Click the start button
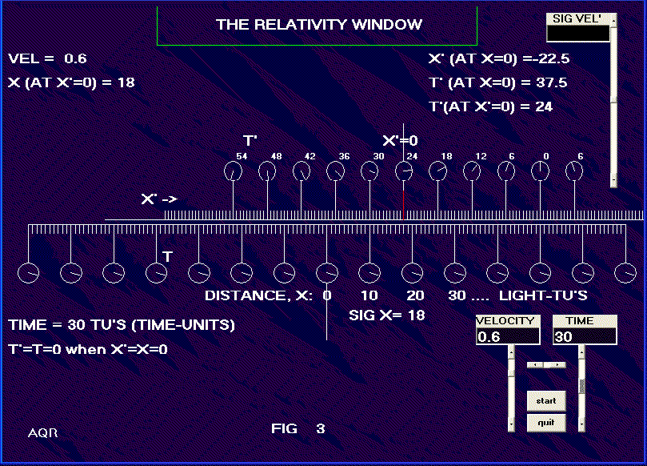tap(546, 400)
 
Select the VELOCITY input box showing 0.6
tap(507, 337)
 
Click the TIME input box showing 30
tap(585, 337)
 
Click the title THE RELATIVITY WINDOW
tap(318, 25)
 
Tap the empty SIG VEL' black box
tap(578, 34)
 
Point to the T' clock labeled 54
tap(234, 171)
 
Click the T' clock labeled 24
tap(405, 171)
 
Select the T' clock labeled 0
tap(541, 171)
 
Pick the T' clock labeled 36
tap(336, 171)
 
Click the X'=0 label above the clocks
tap(400, 140)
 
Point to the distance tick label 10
tap(369, 295)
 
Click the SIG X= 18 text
tap(386, 315)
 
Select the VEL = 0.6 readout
tap(47, 58)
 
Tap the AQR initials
tap(42, 433)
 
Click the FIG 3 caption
tap(298, 429)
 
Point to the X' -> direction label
tap(158, 199)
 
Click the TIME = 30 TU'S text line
tap(122, 326)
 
